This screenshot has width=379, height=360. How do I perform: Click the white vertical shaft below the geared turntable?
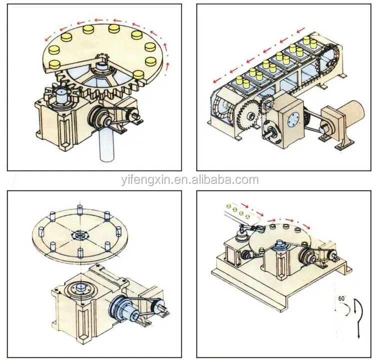click(x=108, y=145)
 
